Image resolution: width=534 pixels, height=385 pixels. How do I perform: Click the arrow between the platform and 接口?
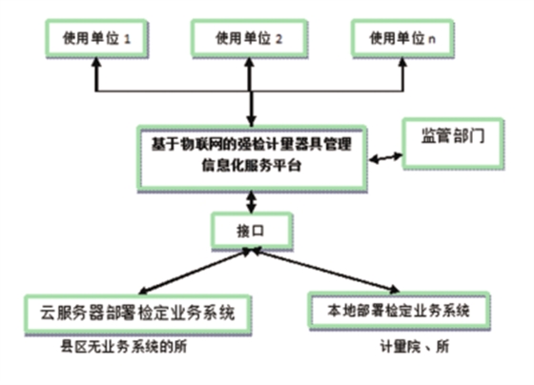coord(252,201)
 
